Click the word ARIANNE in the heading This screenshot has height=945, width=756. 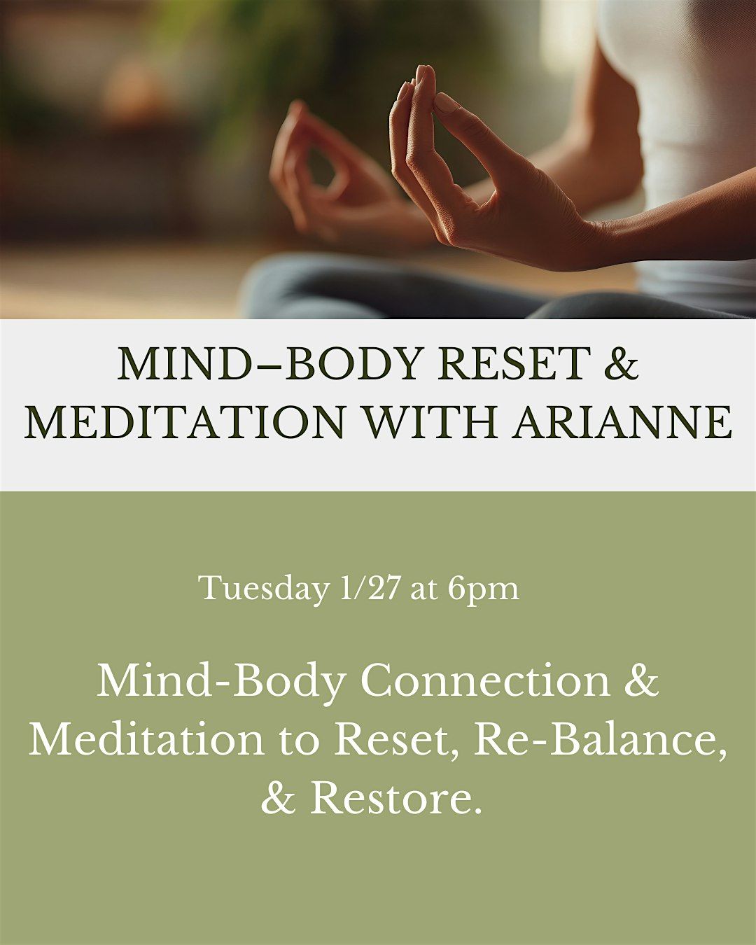pyautogui.click(x=622, y=422)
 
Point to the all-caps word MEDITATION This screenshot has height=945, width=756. pyautogui.click(x=185, y=422)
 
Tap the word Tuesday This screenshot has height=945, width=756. pyautogui.click(x=263, y=588)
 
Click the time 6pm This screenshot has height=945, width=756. pyautogui.click(x=484, y=588)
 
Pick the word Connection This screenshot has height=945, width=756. pyautogui.click(x=485, y=680)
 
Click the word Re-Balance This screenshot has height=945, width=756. pyautogui.click(x=598, y=739)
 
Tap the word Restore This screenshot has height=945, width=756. pyautogui.click(x=396, y=798)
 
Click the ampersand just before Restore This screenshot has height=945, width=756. pyautogui.click(x=279, y=798)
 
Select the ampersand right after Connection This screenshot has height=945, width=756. pyautogui.click(x=641, y=680)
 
